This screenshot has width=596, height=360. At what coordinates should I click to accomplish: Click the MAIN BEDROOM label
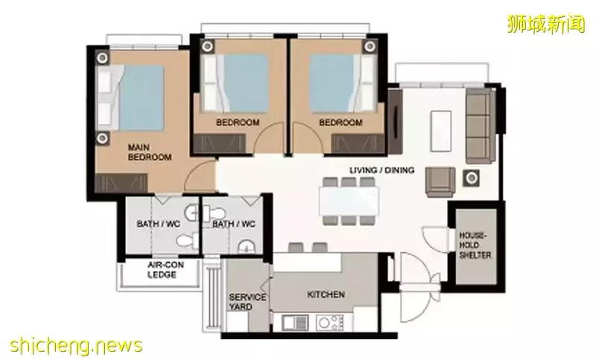(x=150, y=152)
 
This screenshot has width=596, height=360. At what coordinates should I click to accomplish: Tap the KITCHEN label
(x=326, y=294)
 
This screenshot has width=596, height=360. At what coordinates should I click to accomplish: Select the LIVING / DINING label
(x=381, y=170)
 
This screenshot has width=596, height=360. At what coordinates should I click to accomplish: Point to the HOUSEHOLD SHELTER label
(x=475, y=245)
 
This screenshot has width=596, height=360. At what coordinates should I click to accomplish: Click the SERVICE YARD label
(x=247, y=302)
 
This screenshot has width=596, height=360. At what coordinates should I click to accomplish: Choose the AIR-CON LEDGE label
(x=162, y=270)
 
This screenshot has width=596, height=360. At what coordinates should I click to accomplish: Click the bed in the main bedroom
(x=130, y=98)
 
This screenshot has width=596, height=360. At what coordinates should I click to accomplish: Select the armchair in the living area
(x=440, y=182)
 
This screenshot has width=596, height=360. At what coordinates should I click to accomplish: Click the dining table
(x=349, y=200)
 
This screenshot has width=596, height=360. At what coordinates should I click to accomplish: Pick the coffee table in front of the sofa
(x=441, y=130)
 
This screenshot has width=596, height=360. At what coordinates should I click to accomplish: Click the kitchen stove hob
(x=329, y=323)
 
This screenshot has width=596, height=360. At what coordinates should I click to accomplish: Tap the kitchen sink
(x=295, y=323)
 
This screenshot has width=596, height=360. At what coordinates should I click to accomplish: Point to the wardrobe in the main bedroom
(x=121, y=183)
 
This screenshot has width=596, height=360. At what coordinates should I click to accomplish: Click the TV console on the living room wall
(x=395, y=121)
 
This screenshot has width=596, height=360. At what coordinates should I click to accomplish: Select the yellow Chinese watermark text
(x=546, y=24)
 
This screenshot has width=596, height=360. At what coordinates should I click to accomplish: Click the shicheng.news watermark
(x=76, y=346)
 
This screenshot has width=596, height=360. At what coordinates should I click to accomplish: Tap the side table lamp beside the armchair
(x=472, y=178)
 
